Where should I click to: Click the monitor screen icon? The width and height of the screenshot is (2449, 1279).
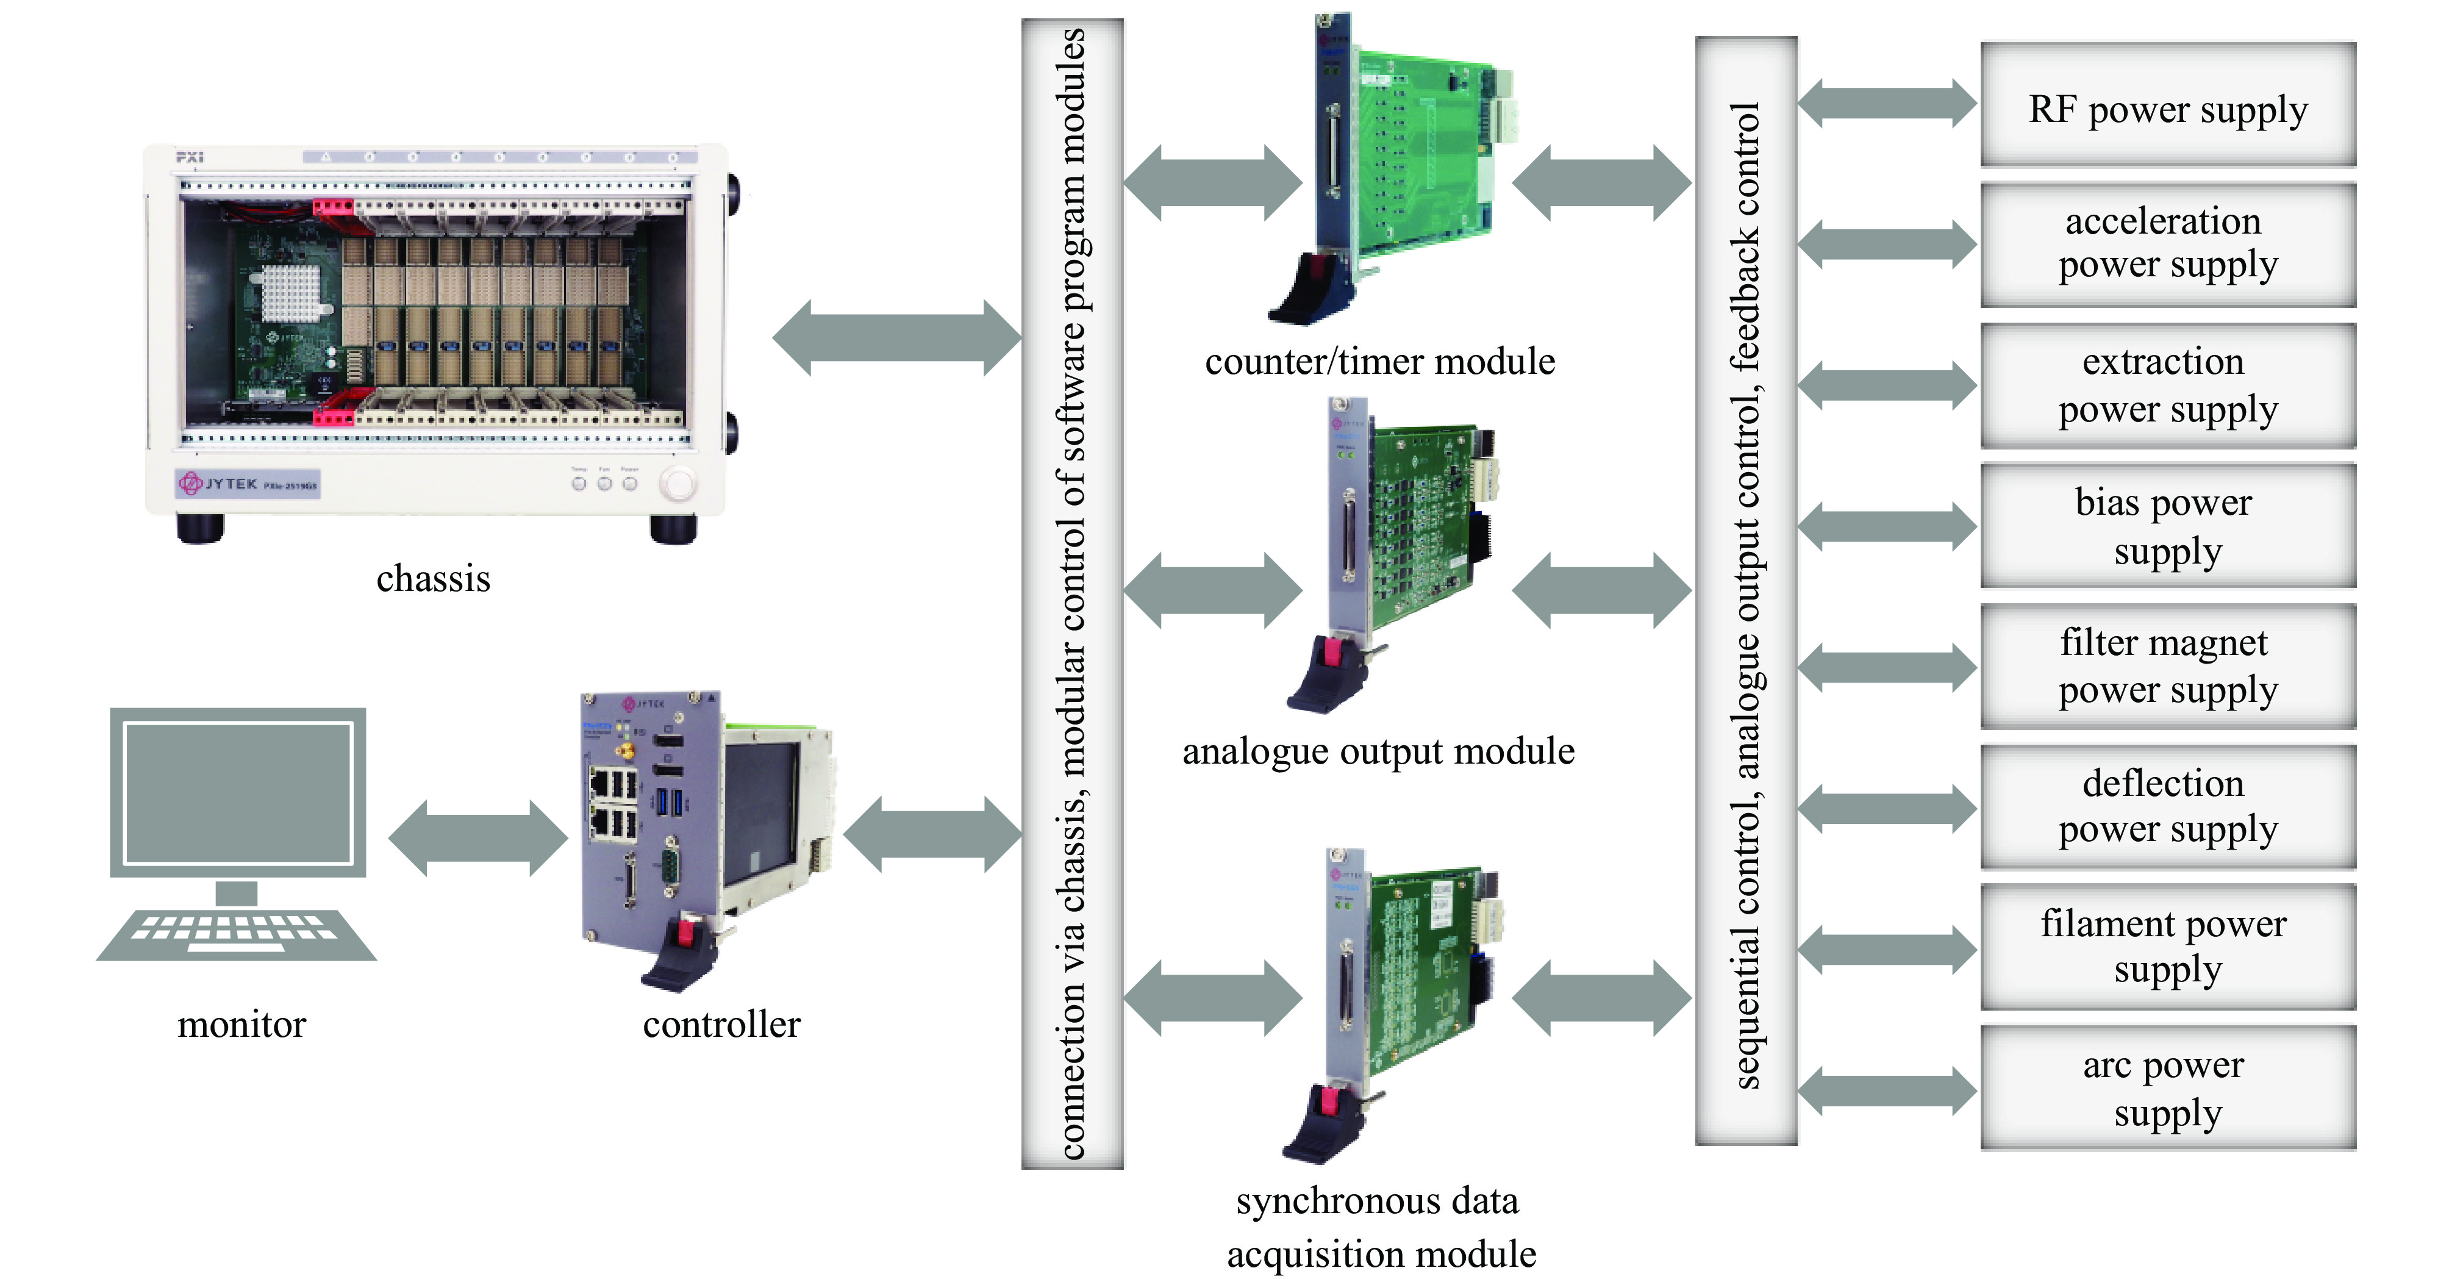pyautogui.click(x=238, y=792)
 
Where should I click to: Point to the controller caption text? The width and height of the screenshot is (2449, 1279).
pyautogui.click(x=721, y=1024)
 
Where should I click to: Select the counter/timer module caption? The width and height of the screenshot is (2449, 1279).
pyautogui.click(x=1379, y=361)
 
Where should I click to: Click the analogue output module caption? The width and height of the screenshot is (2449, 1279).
pyautogui.click(x=1378, y=751)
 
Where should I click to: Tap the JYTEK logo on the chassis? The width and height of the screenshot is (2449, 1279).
pyautogui.click(x=219, y=483)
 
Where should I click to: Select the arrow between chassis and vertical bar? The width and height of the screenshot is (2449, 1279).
pyautogui.click(x=896, y=337)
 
